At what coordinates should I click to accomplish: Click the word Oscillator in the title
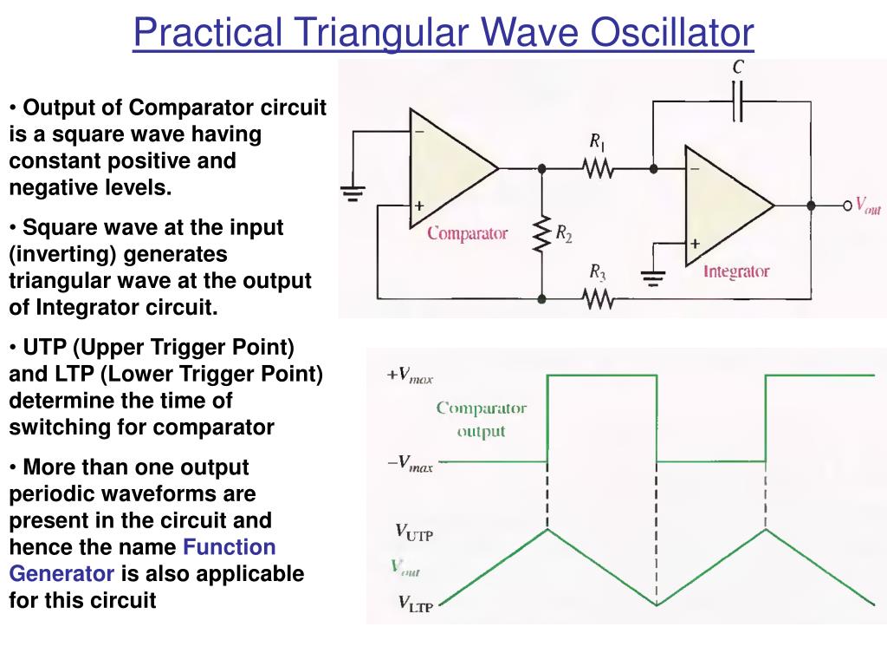click(672, 33)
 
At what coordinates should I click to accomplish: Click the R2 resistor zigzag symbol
click(541, 233)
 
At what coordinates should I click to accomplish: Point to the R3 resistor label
click(598, 274)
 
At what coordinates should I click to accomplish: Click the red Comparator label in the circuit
click(467, 233)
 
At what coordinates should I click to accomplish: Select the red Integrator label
click(735, 271)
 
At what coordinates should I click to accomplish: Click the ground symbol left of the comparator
click(353, 193)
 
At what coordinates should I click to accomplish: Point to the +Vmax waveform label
click(409, 375)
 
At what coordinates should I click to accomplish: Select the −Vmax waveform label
click(409, 464)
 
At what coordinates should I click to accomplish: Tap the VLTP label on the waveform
click(414, 603)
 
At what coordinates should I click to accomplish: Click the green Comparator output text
click(481, 419)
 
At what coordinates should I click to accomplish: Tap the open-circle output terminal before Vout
click(848, 206)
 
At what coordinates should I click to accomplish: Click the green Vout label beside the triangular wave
click(405, 567)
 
